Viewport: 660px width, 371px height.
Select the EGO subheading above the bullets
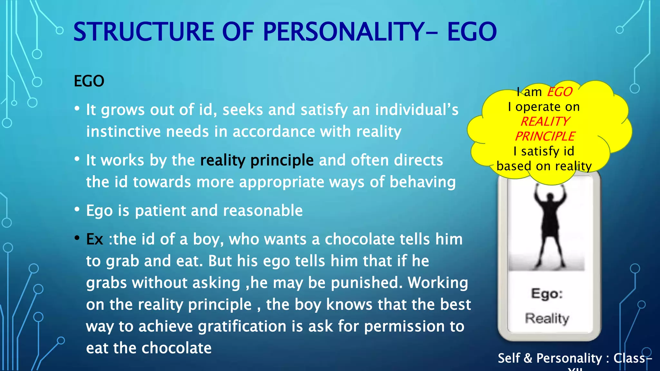pos(89,81)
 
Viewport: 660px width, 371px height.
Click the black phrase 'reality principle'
pos(257,160)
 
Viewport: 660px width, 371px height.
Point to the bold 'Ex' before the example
pos(94,239)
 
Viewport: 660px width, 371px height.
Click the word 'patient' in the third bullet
pos(160,211)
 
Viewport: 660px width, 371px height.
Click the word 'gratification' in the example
pos(242,327)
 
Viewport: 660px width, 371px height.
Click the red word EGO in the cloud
pos(559,92)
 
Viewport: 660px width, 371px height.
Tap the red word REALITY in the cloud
pos(545,122)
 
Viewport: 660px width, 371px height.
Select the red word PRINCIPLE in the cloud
pos(545,137)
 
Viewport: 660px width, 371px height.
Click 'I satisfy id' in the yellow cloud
pos(544,151)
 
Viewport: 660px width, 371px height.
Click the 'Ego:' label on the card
pos(547,294)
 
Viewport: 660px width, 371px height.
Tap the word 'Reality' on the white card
pos(547,318)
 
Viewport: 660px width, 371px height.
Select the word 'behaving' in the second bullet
pos(422,182)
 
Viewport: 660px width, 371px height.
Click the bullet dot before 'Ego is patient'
pos(77,210)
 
